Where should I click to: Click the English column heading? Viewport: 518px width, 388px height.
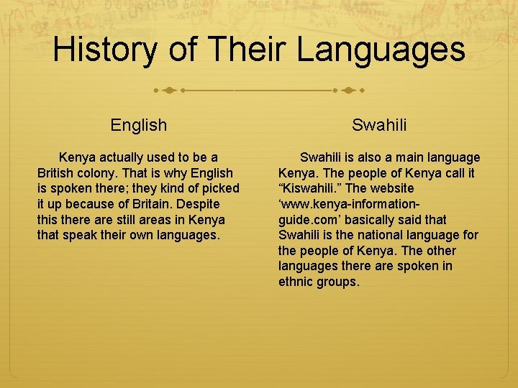[139, 125]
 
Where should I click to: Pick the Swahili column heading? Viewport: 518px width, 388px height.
[379, 125]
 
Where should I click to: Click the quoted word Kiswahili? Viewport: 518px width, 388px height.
[312, 188]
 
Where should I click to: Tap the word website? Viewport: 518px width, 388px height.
[391, 188]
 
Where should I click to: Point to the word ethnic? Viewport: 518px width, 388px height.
[296, 282]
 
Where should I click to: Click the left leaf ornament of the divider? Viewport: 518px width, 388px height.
[168, 91]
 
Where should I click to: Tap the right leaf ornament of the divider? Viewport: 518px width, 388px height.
[350, 91]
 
